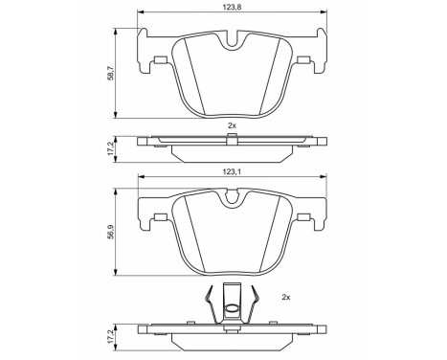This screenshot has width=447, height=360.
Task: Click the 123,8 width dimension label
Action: pyautogui.click(x=232, y=6)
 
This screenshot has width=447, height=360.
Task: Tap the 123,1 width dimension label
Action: pyautogui.click(x=232, y=172)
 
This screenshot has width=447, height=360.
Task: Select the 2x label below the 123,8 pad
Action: pyautogui.click(x=232, y=126)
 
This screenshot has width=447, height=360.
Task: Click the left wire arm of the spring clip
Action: pyautogui.click(x=212, y=306)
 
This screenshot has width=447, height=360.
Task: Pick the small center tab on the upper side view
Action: pyautogui.click(x=231, y=140)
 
